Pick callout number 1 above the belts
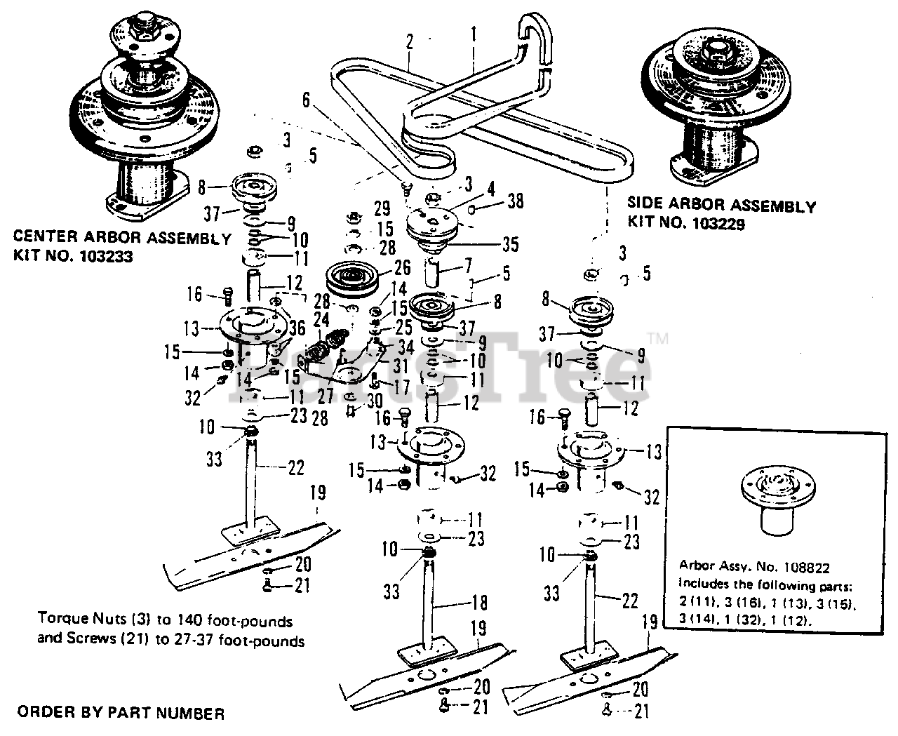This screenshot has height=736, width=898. [474, 32]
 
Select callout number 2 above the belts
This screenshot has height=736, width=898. [409, 41]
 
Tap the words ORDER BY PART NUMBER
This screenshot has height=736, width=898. [121, 714]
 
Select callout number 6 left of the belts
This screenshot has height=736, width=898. [305, 100]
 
